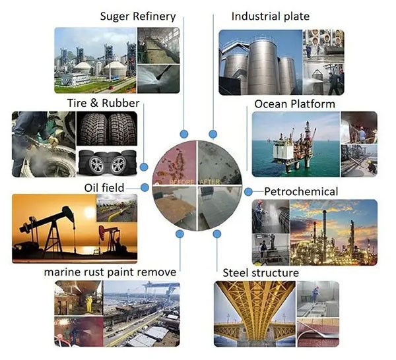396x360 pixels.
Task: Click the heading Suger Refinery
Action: [138, 16]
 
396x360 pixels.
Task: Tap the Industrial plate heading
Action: [270, 16]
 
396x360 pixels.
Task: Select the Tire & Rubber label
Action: [103, 103]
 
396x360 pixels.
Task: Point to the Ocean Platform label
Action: [294, 104]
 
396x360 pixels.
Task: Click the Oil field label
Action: [104, 188]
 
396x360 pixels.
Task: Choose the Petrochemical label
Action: [301, 192]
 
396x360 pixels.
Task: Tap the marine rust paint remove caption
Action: [110, 272]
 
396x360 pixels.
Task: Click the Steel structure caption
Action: [261, 273]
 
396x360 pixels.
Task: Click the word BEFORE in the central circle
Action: [182, 181]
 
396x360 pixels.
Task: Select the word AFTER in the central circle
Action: [210, 181]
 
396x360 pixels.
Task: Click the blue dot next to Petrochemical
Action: [248, 192]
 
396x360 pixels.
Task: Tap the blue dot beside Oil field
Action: [145, 188]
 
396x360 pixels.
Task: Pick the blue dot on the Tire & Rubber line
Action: [144, 167]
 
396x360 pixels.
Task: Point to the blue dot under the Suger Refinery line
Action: [184, 134]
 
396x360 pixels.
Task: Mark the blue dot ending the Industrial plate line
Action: [213, 134]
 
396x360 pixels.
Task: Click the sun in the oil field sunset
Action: [89, 213]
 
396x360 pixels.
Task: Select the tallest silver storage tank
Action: [263, 67]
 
